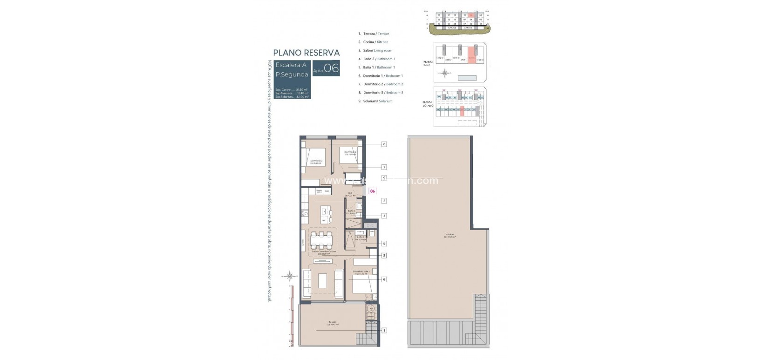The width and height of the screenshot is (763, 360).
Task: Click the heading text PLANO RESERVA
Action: (306, 53)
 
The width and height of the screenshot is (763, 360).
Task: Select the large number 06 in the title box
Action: (331, 68)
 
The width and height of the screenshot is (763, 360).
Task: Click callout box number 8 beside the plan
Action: (384, 144)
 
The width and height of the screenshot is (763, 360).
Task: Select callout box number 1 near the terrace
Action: (384, 330)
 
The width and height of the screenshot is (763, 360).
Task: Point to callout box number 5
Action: (384, 244)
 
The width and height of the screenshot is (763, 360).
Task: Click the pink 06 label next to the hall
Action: (372, 190)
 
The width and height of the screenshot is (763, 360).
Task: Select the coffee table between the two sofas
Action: (323, 281)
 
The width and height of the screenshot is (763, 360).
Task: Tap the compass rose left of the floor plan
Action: (290, 277)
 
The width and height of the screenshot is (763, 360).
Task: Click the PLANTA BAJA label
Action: (428, 64)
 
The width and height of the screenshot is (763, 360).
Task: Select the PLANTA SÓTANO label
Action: (428, 104)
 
